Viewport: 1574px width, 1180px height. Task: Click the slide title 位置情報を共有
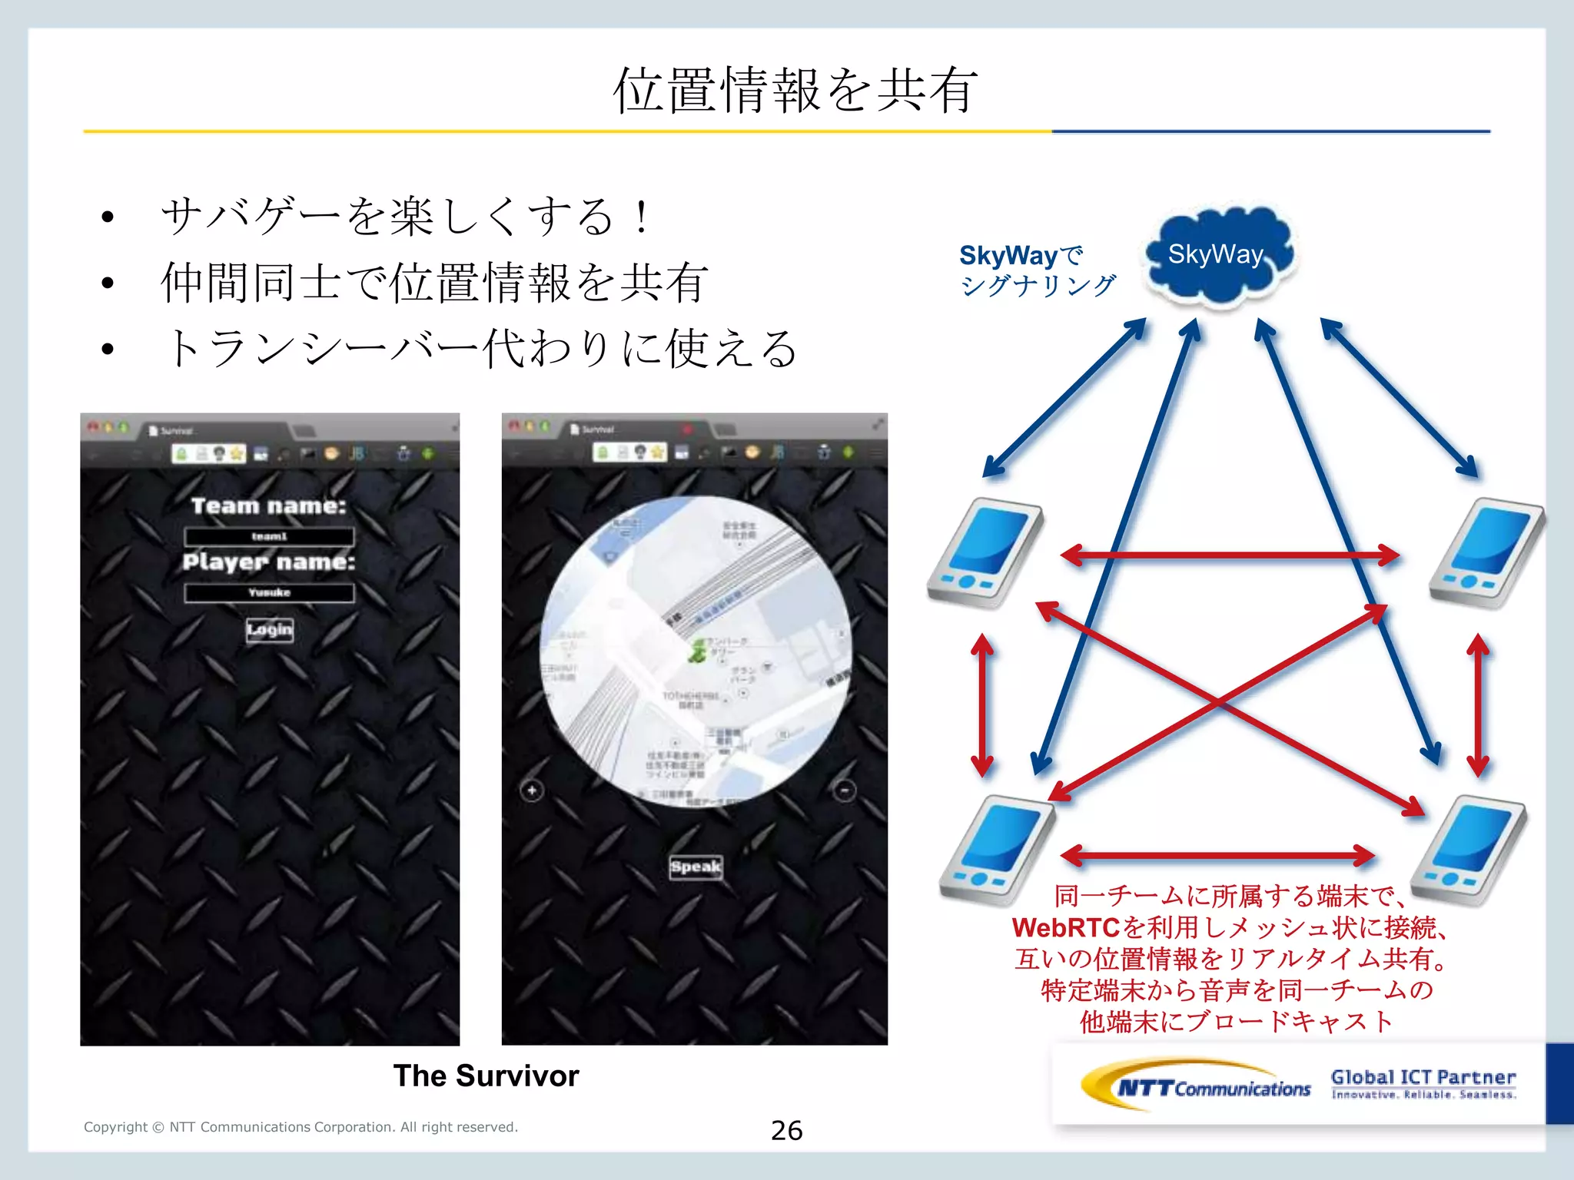[x=795, y=91]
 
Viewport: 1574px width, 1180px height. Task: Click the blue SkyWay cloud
[x=1218, y=255]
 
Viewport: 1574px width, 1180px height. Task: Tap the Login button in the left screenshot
[x=270, y=630]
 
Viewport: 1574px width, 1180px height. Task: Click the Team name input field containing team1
[x=270, y=536]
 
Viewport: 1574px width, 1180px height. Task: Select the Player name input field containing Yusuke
[x=270, y=592]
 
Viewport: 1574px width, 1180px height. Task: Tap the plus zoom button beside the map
[x=532, y=791]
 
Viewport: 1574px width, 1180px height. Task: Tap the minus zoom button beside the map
[x=844, y=791]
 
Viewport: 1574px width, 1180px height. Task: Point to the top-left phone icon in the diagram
[x=985, y=553]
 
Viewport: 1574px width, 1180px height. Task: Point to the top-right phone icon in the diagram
[x=1486, y=553]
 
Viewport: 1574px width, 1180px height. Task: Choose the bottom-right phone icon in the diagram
[x=1468, y=851]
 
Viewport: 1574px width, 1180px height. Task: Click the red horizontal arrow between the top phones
[x=1230, y=555]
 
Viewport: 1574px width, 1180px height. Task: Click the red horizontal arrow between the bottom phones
[x=1217, y=854]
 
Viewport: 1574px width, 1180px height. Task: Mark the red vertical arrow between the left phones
[x=981, y=704]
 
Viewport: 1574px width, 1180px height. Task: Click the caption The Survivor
[x=486, y=1076]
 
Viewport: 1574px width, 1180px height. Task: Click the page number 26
[x=786, y=1130]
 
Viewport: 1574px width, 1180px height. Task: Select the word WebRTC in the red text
[x=1065, y=928]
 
